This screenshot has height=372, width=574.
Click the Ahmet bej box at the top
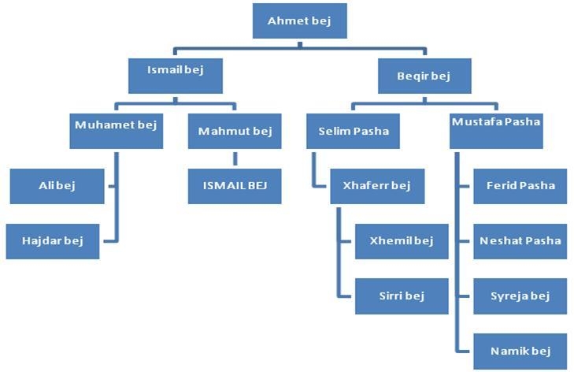click(299, 20)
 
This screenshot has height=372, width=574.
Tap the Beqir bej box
click(424, 76)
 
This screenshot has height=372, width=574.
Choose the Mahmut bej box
click(235, 131)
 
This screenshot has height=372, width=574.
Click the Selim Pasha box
click(353, 131)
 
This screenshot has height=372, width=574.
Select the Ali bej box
click(57, 186)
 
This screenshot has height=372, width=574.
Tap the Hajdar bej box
click(53, 241)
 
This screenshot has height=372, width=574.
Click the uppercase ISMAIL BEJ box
click(235, 186)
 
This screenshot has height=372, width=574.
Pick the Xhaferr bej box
click(377, 186)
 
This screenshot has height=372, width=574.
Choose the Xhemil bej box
click(402, 241)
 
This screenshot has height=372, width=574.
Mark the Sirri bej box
click(402, 296)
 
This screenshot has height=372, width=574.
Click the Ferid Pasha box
click(520, 186)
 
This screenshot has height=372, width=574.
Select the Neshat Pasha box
click(520, 241)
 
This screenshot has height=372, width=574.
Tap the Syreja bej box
click(520, 296)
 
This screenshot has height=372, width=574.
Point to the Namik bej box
click(520, 351)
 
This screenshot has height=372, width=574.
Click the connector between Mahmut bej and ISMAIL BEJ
click(235, 158)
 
